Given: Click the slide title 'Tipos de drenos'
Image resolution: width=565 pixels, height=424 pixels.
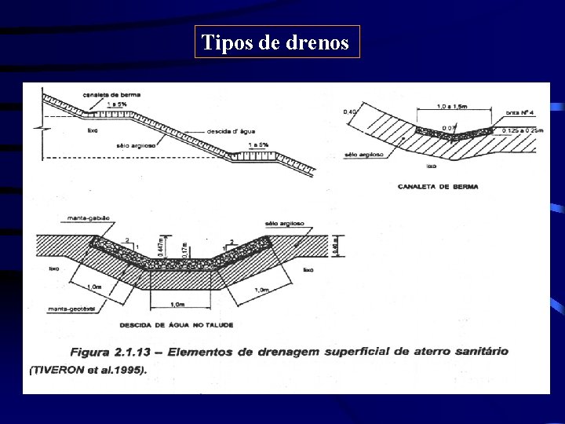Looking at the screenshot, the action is pyautogui.click(x=275, y=42).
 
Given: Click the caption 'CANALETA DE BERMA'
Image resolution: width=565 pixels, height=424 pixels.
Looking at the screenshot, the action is pyautogui.click(x=439, y=187).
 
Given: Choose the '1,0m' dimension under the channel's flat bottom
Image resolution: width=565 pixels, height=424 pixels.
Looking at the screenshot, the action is pyautogui.click(x=177, y=305).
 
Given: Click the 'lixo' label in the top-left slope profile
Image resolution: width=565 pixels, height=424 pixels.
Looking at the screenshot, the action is pyautogui.click(x=93, y=130).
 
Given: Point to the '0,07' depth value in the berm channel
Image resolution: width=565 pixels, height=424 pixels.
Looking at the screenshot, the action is pyautogui.click(x=448, y=128).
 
